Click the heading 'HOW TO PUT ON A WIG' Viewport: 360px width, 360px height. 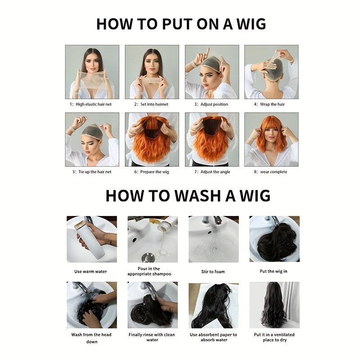(181, 24)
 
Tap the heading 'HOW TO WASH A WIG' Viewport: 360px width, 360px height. (188, 196)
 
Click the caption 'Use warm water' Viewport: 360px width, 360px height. (90, 272)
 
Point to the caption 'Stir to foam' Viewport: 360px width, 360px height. (213, 272)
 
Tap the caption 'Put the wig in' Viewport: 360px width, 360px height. (273, 272)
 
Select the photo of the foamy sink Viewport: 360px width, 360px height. (213, 239)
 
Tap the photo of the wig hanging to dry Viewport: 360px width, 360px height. (274, 305)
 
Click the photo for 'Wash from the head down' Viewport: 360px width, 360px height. (91, 305)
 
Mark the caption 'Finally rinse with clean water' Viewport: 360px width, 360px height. (152, 337)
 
